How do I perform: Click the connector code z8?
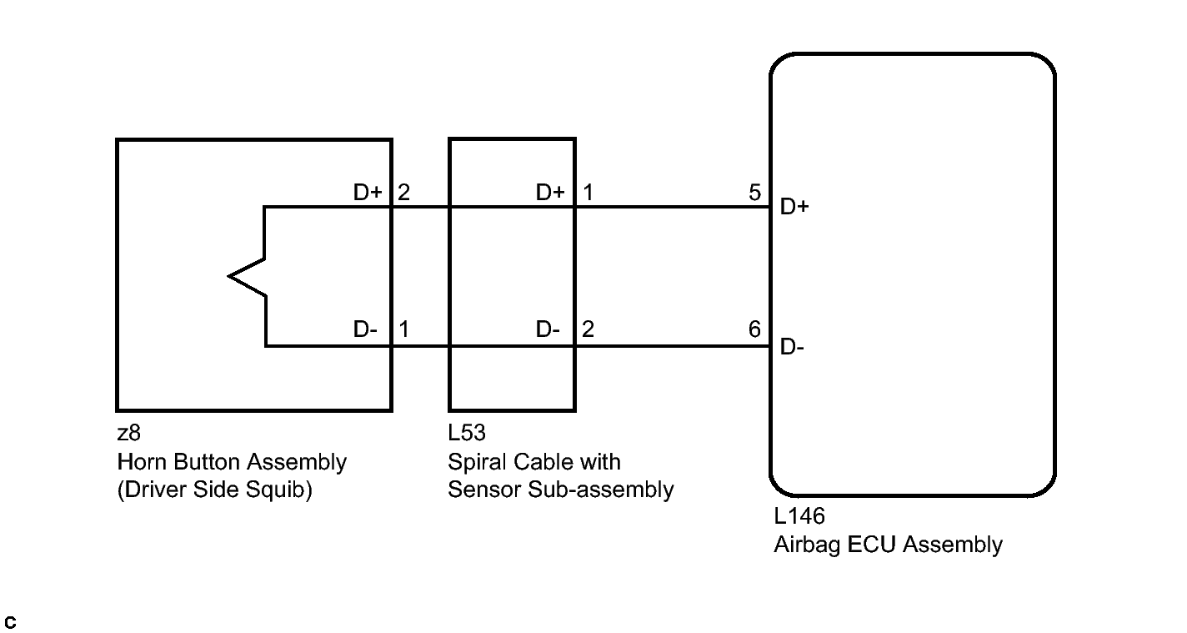tap(128, 434)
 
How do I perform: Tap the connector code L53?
tap(466, 433)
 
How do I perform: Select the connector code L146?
tap(799, 516)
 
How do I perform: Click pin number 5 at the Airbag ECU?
tap(754, 193)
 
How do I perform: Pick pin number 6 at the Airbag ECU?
tap(754, 329)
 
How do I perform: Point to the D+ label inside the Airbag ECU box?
tap(794, 206)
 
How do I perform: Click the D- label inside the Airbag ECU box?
tap(792, 347)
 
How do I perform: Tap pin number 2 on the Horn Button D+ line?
tap(403, 193)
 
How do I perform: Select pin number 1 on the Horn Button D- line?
tap(403, 329)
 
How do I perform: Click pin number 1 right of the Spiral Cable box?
tap(588, 193)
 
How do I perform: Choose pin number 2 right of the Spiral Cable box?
tap(588, 329)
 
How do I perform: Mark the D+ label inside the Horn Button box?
tap(368, 192)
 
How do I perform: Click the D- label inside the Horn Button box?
tap(365, 329)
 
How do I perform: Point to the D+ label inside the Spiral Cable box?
tap(550, 192)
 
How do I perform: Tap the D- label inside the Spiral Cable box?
tap(548, 329)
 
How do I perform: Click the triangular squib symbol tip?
tap(229, 276)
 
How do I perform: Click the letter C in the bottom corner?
tap(10, 622)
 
